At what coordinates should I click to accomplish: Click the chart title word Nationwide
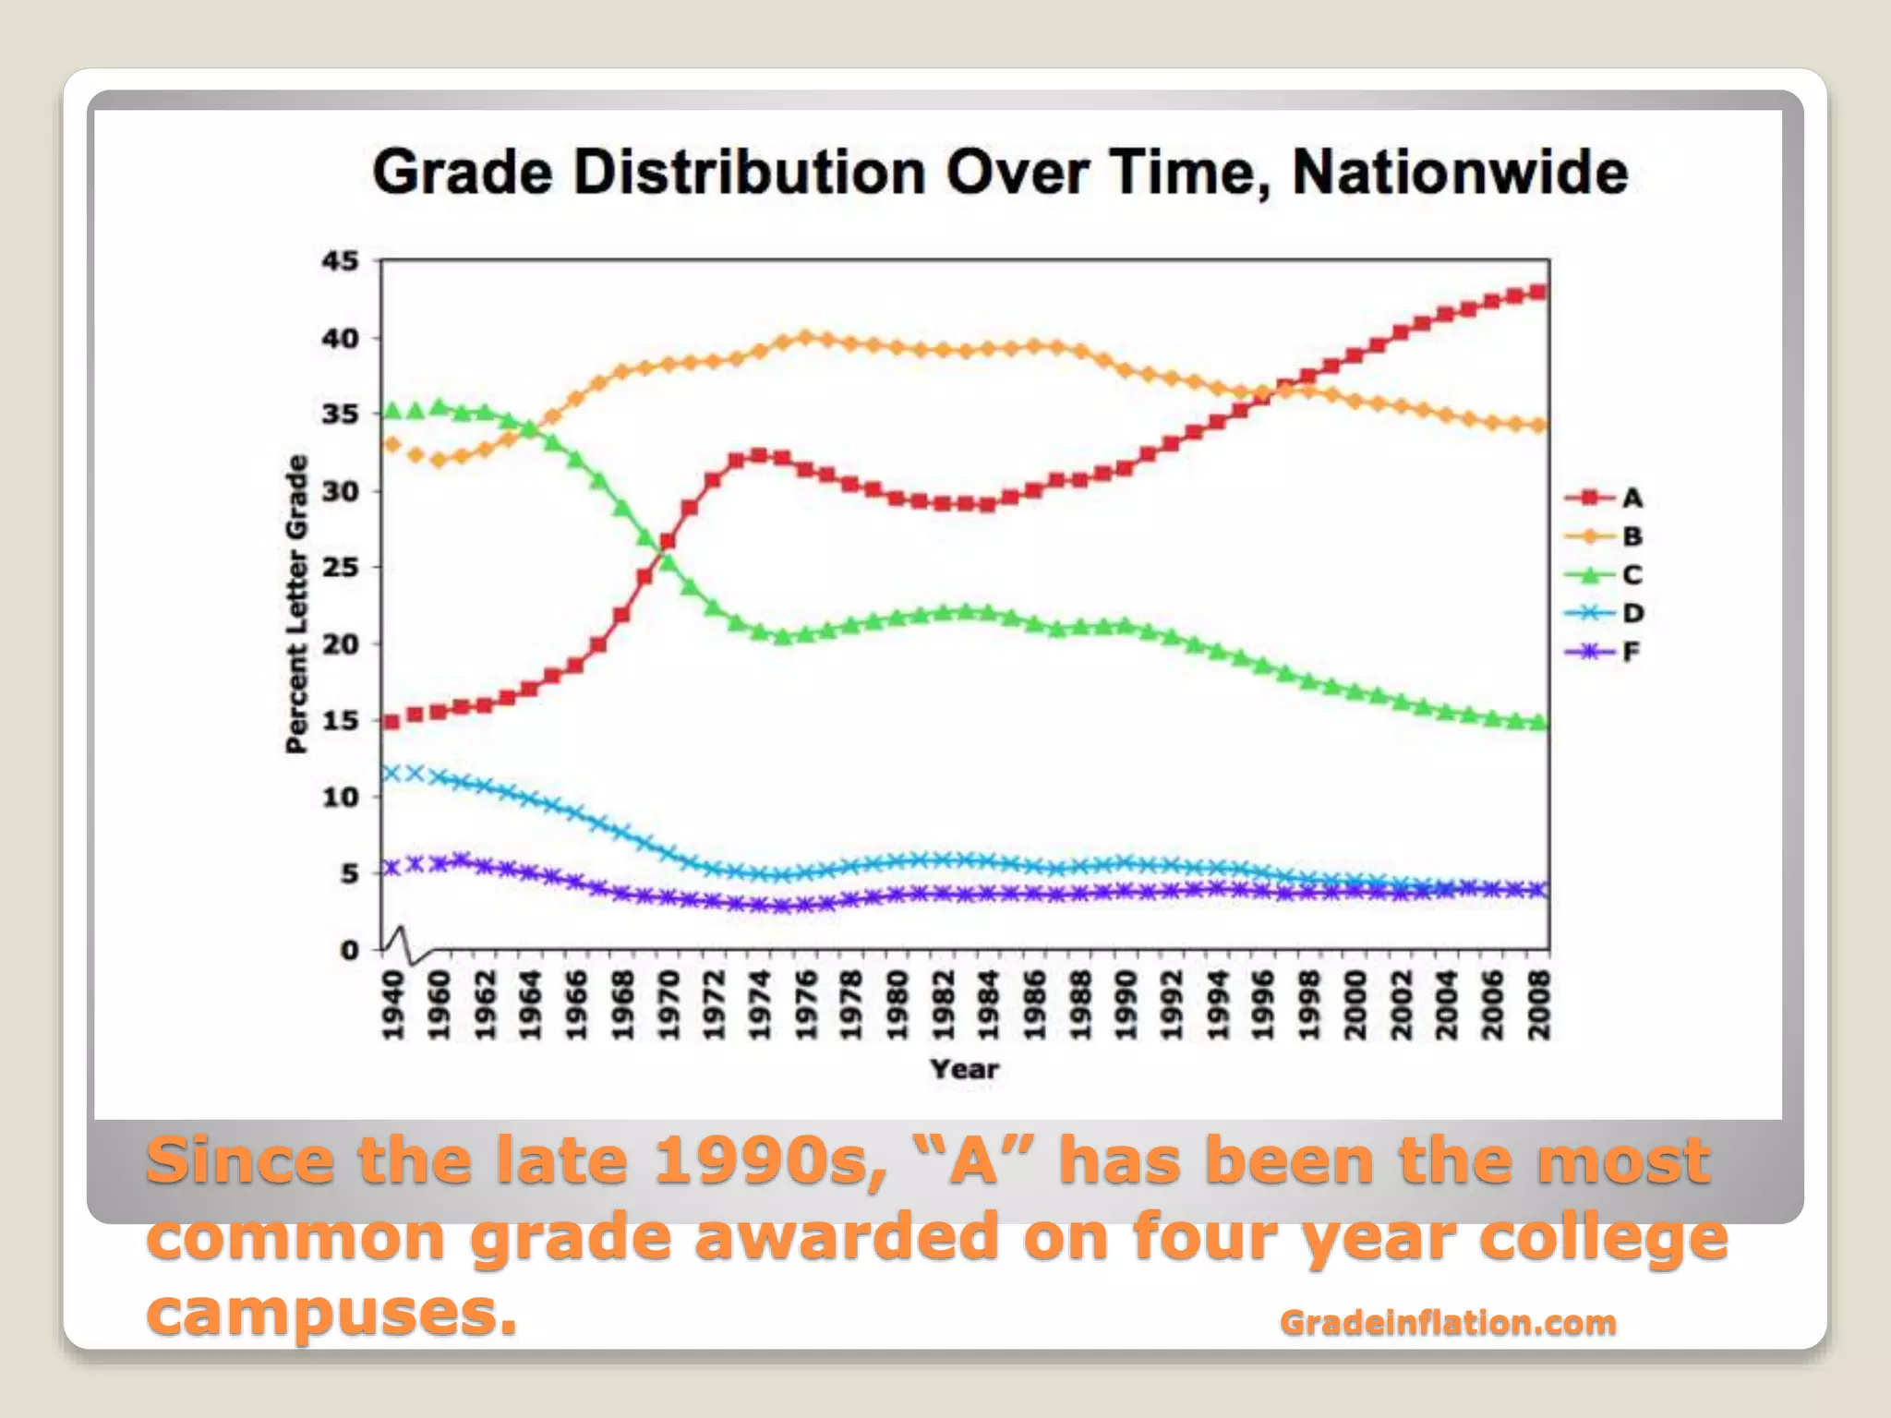[x=1460, y=173]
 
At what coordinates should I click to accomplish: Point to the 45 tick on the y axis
[x=340, y=261]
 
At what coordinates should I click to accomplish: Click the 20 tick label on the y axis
[x=340, y=644]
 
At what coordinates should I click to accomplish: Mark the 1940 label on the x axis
[x=393, y=1005]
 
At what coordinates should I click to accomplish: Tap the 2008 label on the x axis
[x=1539, y=1005]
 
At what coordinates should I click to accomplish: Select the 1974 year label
[x=759, y=1005]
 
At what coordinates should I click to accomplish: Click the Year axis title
[x=964, y=1069]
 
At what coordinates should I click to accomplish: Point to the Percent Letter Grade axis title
[x=296, y=605]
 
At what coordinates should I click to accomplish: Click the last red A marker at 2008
[x=1538, y=292]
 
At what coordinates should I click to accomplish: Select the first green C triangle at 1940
[x=391, y=411]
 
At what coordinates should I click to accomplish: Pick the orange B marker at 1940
[x=391, y=445]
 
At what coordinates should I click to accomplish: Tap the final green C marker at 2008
[x=1538, y=723]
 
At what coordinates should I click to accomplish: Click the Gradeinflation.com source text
[x=1448, y=1322]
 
